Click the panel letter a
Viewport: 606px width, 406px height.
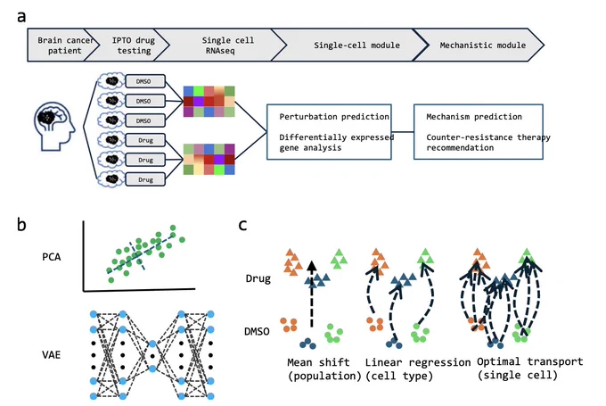(x=21, y=17)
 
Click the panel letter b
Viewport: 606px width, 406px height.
(x=21, y=224)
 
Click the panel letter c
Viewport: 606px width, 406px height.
(x=242, y=225)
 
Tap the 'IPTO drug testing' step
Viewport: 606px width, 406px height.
(x=134, y=46)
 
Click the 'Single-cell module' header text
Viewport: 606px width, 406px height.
(x=356, y=46)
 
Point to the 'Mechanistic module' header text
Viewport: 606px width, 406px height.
(x=483, y=46)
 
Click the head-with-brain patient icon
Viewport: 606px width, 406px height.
(x=54, y=126)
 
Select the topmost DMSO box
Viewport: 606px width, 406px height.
(x=145, y=81)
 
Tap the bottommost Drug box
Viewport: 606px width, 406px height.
(x=145, y=179)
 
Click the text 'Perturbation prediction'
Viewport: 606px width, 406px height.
(x=334, y=117)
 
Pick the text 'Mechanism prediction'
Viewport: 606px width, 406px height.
(x=474, y=117)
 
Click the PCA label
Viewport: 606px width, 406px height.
(x=52, y=257)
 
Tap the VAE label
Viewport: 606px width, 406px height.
(x=52, y=354)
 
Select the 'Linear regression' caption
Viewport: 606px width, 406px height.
(x=418, y=362)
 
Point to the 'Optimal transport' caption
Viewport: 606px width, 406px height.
(x=530, y=362)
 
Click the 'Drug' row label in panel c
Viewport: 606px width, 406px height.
(x=258, y=278)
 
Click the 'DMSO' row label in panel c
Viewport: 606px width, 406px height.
(x=257, y=332)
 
